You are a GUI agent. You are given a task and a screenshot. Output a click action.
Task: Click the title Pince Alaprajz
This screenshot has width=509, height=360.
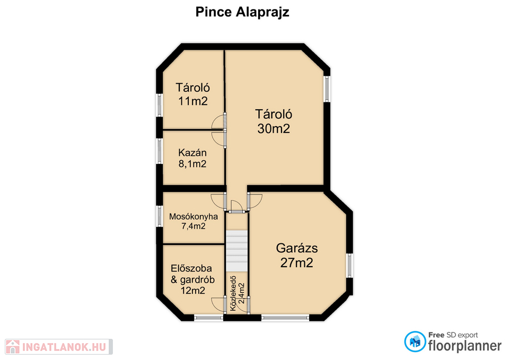point(242,12)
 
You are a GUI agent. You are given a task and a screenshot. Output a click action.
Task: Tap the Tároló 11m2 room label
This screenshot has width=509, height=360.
point(193,94)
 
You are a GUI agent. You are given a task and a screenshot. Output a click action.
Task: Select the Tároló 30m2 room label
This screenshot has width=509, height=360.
point(274,121)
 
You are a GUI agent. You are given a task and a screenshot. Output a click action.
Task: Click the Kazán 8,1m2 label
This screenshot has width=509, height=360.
point(192,158)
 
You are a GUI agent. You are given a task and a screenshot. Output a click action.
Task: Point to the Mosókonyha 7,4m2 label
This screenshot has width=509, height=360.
point(194,221)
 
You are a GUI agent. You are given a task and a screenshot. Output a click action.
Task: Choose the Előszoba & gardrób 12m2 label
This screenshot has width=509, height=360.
point(192,279)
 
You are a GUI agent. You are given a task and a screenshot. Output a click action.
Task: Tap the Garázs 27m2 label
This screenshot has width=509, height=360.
point(297,255)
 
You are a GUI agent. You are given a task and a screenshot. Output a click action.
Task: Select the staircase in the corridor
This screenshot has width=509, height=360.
point(236,251)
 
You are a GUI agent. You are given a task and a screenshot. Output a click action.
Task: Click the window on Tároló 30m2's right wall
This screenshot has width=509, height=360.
point(327,89)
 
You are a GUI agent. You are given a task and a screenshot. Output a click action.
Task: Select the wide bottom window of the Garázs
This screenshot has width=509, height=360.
point(285,318)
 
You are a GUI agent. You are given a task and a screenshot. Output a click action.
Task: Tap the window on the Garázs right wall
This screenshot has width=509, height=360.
point(349,266)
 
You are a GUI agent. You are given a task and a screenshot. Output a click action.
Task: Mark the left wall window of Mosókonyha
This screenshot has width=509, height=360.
point(159,216)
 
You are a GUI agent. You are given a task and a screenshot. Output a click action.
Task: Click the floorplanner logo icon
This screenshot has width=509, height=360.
point(415,342)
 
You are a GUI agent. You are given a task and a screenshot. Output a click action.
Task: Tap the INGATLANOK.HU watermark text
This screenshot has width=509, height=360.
point(64,347)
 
